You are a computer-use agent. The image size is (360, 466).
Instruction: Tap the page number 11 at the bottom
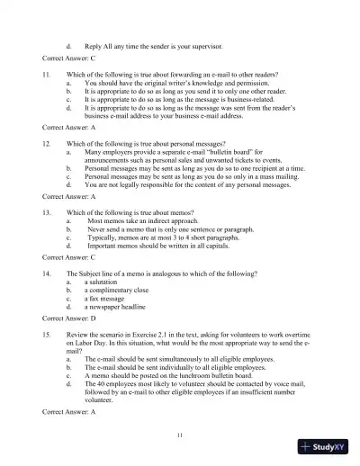point(180,435)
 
